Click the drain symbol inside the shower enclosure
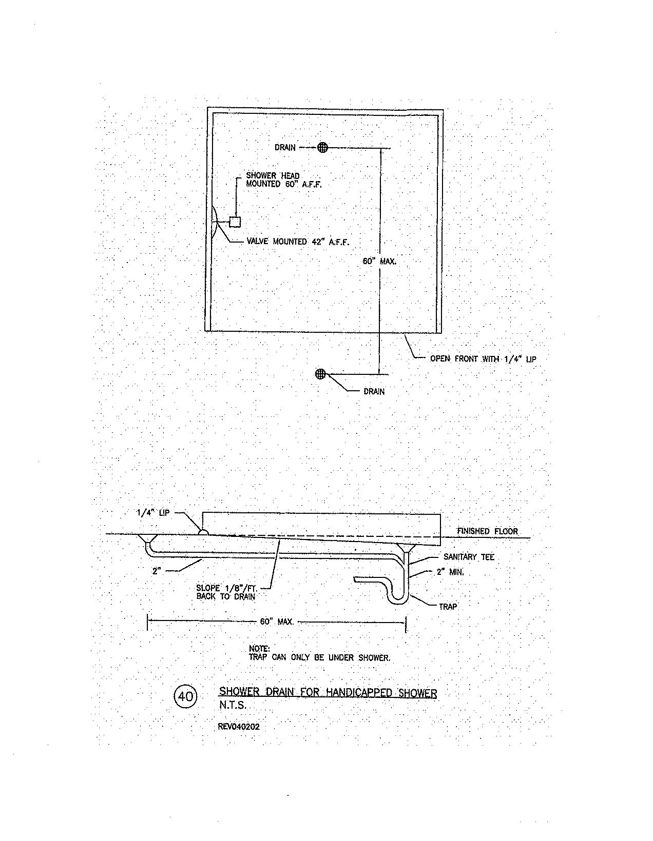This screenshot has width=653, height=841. [x=322, y=148]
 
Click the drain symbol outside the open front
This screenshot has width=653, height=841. [x=321, y=374]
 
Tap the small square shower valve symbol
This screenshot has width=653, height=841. [x=235, y=222]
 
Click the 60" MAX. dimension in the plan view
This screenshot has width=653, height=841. [x=380, y=261]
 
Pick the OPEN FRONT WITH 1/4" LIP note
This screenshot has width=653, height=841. [x=483, y=359]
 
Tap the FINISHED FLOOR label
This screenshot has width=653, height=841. [x=487, y=531]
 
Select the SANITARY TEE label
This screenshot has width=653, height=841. [x=469, y=557]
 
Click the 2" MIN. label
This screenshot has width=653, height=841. [x=450, y=572]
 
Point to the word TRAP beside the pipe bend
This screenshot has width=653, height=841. [x=448, y=607]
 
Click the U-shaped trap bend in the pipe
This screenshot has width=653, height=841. [x=396, y=598]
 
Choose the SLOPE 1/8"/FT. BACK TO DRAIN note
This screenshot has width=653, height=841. [x=226, y=593]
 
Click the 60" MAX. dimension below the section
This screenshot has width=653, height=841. [x=277, y=622]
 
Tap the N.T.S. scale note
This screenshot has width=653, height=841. [x=233, y=705]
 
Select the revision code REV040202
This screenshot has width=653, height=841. [x=239, y=726]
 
